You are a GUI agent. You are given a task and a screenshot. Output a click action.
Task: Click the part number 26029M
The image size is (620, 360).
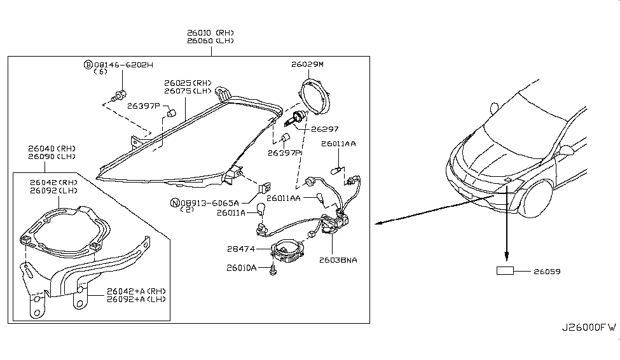(308, 64)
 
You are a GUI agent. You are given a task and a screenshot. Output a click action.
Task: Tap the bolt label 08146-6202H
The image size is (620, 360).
(123, 64)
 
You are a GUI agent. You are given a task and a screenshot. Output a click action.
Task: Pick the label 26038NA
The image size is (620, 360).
(338, 260)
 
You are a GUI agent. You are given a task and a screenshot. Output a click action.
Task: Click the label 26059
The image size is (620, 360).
(548, 272)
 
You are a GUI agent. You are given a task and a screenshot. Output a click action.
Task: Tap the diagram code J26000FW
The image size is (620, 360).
(588, 328)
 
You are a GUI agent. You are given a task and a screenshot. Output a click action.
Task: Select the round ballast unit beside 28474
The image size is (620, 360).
(287, 252)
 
